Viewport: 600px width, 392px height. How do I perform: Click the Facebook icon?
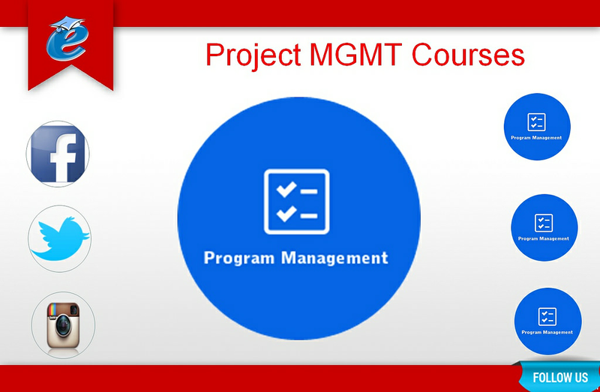pos(58,154)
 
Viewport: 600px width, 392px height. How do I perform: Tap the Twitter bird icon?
pos(60,238)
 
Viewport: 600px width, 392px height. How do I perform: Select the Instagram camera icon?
pos(63,325)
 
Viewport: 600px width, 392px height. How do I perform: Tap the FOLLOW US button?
pos(559,378)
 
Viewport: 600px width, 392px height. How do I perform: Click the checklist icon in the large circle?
pos(296,202)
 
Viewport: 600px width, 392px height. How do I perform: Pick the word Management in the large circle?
pos(334,258)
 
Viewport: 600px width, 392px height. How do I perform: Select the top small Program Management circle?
pos(537,127)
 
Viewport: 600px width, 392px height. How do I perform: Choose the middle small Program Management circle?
pos(544,228)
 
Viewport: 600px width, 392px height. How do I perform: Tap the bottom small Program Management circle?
pos(548,322)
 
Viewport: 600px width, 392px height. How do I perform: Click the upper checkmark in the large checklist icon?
pos(286,190)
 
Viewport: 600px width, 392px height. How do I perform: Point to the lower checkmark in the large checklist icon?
pos(286,214)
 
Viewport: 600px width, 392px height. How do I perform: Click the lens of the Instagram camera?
pos(63,326)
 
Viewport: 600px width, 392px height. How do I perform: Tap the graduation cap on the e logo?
pos(68,23)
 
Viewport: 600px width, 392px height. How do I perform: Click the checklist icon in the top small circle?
pos(536,122)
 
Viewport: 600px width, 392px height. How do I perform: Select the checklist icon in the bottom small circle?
pos(547,316)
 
